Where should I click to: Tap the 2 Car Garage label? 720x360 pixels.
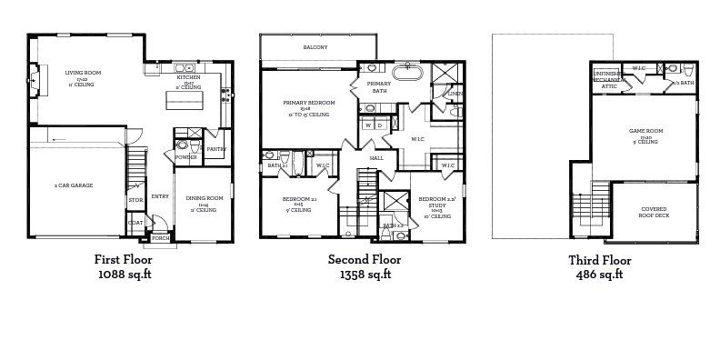[x=74, y=185]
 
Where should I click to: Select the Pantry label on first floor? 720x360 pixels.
[x=215, y=149]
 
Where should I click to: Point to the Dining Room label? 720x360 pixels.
[x=205, y=198]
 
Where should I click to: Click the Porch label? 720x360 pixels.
[x=160, y=238]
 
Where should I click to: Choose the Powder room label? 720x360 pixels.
[x=185, y=156]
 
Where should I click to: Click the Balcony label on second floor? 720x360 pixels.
[x=315, y=47]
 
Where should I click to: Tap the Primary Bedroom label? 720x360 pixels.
[x=309, y=103]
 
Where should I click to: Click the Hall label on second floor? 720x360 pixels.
[x=376, y=158]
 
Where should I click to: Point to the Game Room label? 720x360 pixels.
[x=645, y=131]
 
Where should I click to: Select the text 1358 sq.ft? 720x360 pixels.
[x=364, y=273]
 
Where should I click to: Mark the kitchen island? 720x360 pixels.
[x=184, y=99]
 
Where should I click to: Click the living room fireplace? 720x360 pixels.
[x=34, y=78]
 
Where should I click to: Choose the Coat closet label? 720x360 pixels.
[x=135, y=222]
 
